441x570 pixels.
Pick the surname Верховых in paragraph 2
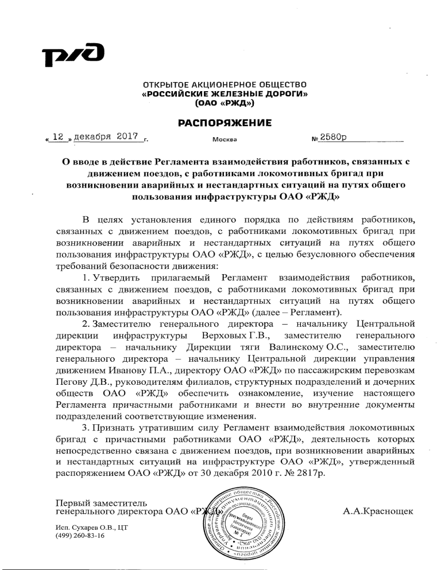pos(223,334)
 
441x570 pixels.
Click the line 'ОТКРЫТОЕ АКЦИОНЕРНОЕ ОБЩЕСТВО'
pos(225,85)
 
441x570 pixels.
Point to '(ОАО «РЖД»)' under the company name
pos(225,104)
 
